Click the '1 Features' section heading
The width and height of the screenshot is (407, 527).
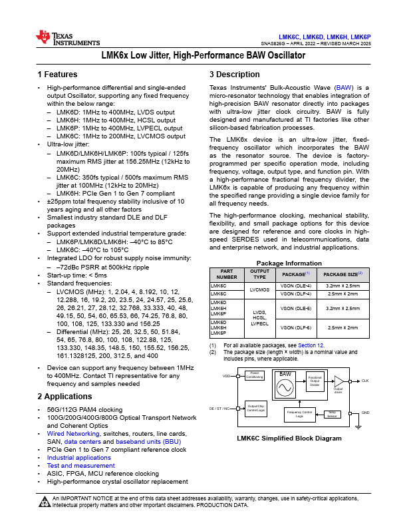tap(59, 74)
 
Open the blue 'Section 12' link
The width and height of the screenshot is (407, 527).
tap(310, 345)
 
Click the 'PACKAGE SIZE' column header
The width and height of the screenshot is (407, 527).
tap(343, 273)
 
